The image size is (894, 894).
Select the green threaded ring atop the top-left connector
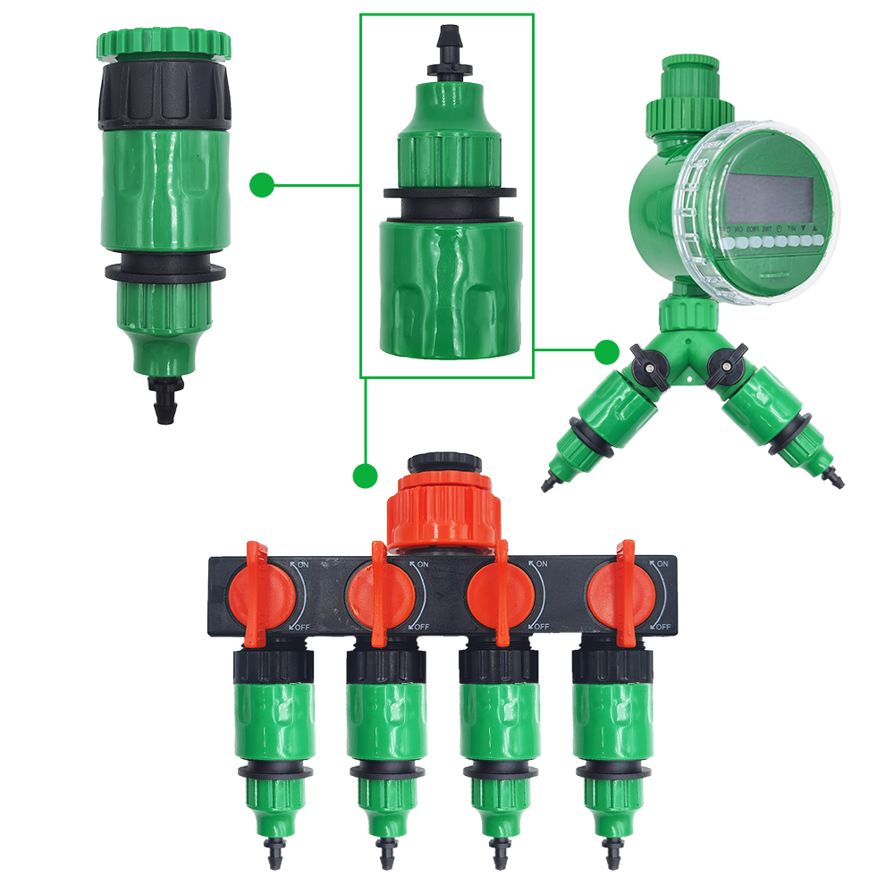point(164,42)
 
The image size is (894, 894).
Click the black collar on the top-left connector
point(164,94)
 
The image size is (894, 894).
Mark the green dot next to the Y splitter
point(607,350)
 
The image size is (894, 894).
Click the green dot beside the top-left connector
point(261,185)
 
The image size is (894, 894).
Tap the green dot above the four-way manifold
point(364,476)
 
